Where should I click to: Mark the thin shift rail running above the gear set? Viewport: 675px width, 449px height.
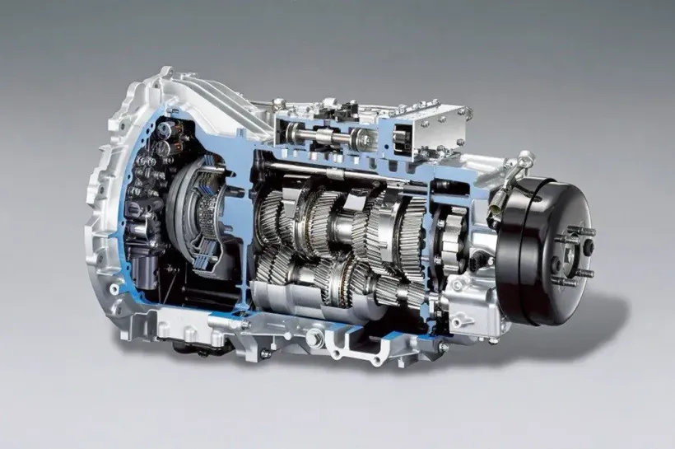coord(329,171)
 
